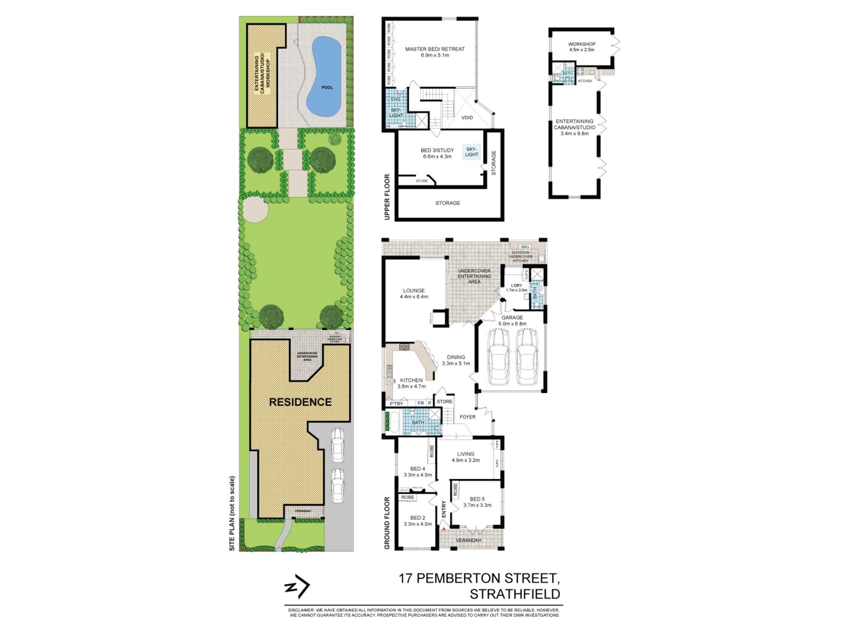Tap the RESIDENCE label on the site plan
(300, 402)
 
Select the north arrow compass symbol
(297, 586)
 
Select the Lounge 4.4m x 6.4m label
(413, 293)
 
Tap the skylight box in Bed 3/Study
(472, 152)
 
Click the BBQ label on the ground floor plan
(525, 246)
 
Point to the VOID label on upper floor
(467, 117)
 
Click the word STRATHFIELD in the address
(514, 594)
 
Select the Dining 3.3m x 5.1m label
(456, 360)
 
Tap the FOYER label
(468, 417)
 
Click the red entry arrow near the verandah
(444, 529)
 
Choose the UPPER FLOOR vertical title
(387, 197)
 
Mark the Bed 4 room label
(418, 471)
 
